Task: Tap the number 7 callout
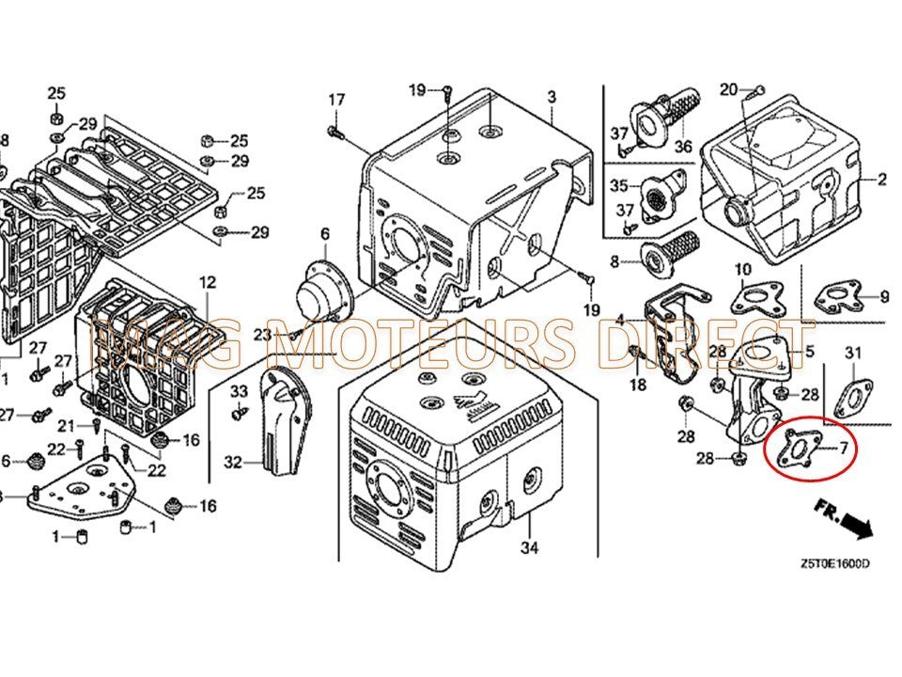point(843,449)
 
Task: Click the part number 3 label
point(552,97)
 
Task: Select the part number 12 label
point(207,281)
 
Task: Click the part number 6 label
point(325,233)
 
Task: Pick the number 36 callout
point(682,147)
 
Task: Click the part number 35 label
point(618,183)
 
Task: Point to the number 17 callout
point(336,100)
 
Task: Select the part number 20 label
point(728,89)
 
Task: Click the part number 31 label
point(852,353)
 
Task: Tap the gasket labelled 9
point(836,298)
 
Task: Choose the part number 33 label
point(239,390)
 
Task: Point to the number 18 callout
point(638,385)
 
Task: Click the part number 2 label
point(882,179)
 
